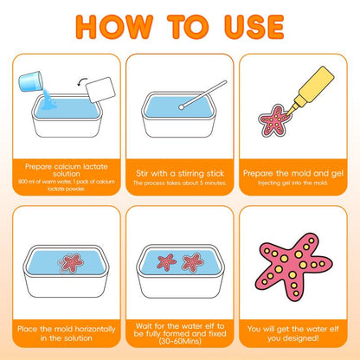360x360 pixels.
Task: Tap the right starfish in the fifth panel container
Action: (193, 260)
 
